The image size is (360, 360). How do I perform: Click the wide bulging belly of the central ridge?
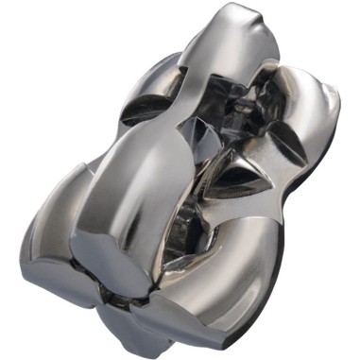[x=142, y=180]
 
